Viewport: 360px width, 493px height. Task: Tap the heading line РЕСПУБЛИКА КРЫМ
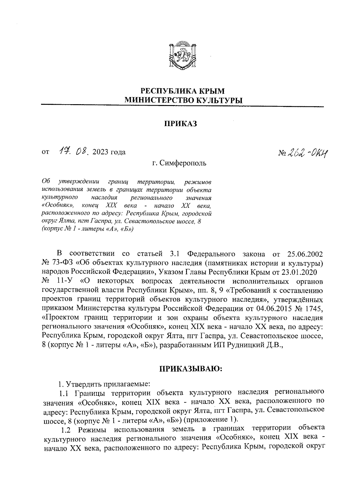183,91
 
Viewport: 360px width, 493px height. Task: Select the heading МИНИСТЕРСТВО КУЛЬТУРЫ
183,100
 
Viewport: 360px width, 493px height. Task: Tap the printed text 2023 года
109,152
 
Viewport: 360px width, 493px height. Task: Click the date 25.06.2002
305,254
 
